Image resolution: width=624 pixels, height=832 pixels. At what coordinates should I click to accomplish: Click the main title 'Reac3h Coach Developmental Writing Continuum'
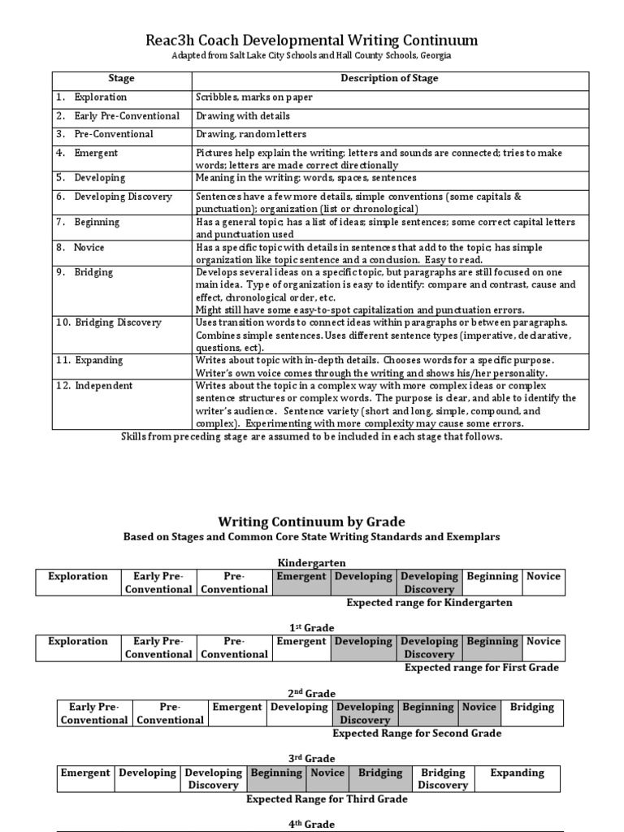pyautogui.click(x=311, y=40)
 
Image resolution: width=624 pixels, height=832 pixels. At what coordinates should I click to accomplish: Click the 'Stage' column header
pyautogui.click(x=121, y=79)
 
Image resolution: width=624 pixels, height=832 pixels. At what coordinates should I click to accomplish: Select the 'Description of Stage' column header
pyautogui.click(x=389, y=79)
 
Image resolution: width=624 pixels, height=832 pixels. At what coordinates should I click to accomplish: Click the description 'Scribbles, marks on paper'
pyautogui.click(x=254, y=97)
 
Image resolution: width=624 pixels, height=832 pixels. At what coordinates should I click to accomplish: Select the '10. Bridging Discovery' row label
pyautogui.click(x=109, y=323)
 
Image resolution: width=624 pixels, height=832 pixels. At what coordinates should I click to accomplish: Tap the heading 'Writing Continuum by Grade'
pyautogui.click(x=311, y=522)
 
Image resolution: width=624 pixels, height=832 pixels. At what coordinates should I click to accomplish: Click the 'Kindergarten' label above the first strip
pyautogui.click(x=312, y=562)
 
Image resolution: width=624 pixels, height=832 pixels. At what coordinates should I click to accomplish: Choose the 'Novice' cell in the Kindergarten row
pyautogui.click(x=544, y=577)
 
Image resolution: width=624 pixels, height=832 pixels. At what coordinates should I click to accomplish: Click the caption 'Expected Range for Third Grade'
pyautogui.click(x=327, y=799)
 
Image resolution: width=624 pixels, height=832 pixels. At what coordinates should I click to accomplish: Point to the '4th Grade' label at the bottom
pyautogui.click(x=312, y=824)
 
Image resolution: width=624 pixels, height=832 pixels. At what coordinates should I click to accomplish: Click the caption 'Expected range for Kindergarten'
pyautogui.click(x=429, y=603)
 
